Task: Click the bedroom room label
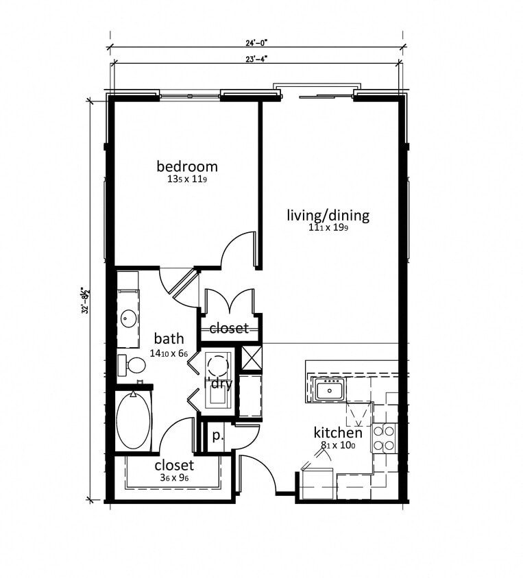[x=187, y=166]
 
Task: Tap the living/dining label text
[x=328, y=216]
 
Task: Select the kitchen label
[x=338, y=433]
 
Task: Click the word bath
[x=169, y=338]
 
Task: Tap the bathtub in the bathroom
[x=133, y=420]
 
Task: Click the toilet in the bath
[x=132, y=365]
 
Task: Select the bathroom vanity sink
[x=128, y=318]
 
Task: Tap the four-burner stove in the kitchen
[x=384, y=438]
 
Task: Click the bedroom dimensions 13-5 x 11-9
[x=187, y=180]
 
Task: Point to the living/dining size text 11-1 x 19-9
[x=328, y=229]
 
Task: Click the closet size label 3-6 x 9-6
[x=174, y=478]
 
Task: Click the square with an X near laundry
[x=252, y=358]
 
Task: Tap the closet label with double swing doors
[x=229, y=329]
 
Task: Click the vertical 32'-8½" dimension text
[x=86, y=301]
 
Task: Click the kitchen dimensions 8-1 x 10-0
[x=337, y=445]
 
